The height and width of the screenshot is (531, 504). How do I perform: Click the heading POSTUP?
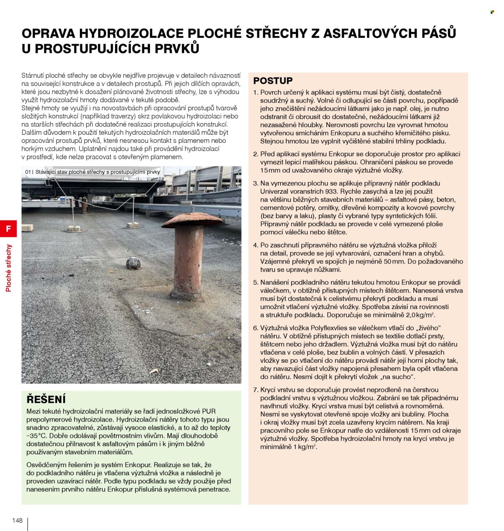pos(273,80)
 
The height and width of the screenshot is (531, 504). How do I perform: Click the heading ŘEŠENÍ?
pos(46,399)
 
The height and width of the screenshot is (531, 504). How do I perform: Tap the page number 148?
pos(17,520)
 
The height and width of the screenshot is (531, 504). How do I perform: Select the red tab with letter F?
pos(8,229)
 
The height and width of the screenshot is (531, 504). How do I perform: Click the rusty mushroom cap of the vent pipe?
pos(192,220)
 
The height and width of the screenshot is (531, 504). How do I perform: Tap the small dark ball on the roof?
pos(133,263)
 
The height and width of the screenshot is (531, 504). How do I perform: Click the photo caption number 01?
pos(28,172)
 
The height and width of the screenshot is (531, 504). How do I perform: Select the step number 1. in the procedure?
pos(256,92)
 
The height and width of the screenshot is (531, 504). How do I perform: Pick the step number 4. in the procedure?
pos(256,245)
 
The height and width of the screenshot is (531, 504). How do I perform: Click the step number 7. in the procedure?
pos(256,390)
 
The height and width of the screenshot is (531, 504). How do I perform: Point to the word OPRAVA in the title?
pos(48,33)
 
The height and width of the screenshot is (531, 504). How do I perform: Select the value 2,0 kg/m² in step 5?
pos(420,315)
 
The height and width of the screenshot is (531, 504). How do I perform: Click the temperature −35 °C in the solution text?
pos(39,436)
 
